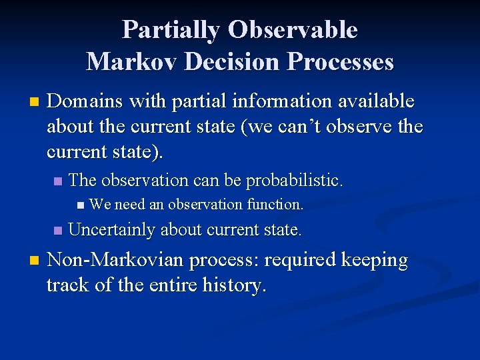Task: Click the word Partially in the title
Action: click(171, 30)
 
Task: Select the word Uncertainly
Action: click(111, 230)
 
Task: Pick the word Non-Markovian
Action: click(117, 260)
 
